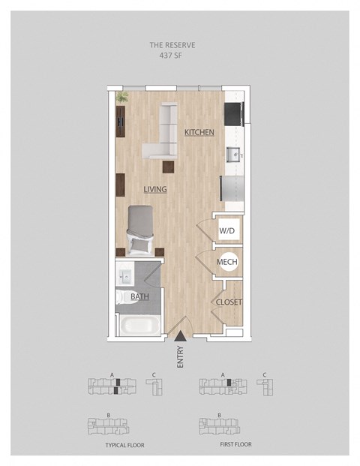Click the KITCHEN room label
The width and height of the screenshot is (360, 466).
click(199, 132)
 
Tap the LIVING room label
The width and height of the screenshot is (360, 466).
click(155, 189)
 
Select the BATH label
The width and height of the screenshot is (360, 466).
click(139, 296)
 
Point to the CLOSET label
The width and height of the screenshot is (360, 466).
click(229, 302)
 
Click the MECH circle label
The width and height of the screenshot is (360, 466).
click(229, 262)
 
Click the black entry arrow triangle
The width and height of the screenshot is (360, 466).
click(180, 336)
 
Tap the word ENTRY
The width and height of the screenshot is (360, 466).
click(180, 357)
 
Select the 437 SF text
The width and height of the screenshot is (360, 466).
click(171, 56)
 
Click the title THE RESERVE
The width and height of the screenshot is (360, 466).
click(172, 45)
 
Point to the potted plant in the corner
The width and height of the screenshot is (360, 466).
click(121, 98)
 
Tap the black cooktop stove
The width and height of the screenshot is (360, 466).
click(234, 114)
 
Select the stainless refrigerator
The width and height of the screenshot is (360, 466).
click(232, 188)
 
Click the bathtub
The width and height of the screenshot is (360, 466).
click(140, 326)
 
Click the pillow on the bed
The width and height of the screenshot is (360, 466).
click(140, 245)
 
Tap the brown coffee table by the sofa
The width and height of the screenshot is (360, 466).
click(168, 167)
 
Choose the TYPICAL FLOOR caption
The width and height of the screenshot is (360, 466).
click(124, 445)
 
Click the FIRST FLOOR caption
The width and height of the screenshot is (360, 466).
click(235, 444)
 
